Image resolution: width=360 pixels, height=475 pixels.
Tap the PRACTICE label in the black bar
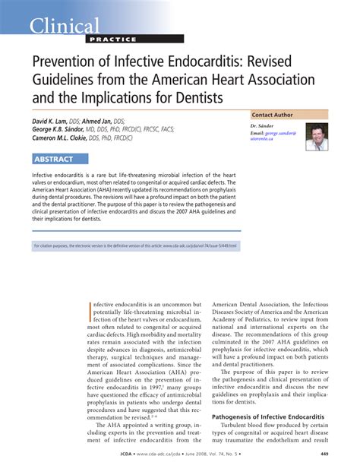tap(113, 40)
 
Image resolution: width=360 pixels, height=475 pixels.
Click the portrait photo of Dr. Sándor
tap(317, 137)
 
